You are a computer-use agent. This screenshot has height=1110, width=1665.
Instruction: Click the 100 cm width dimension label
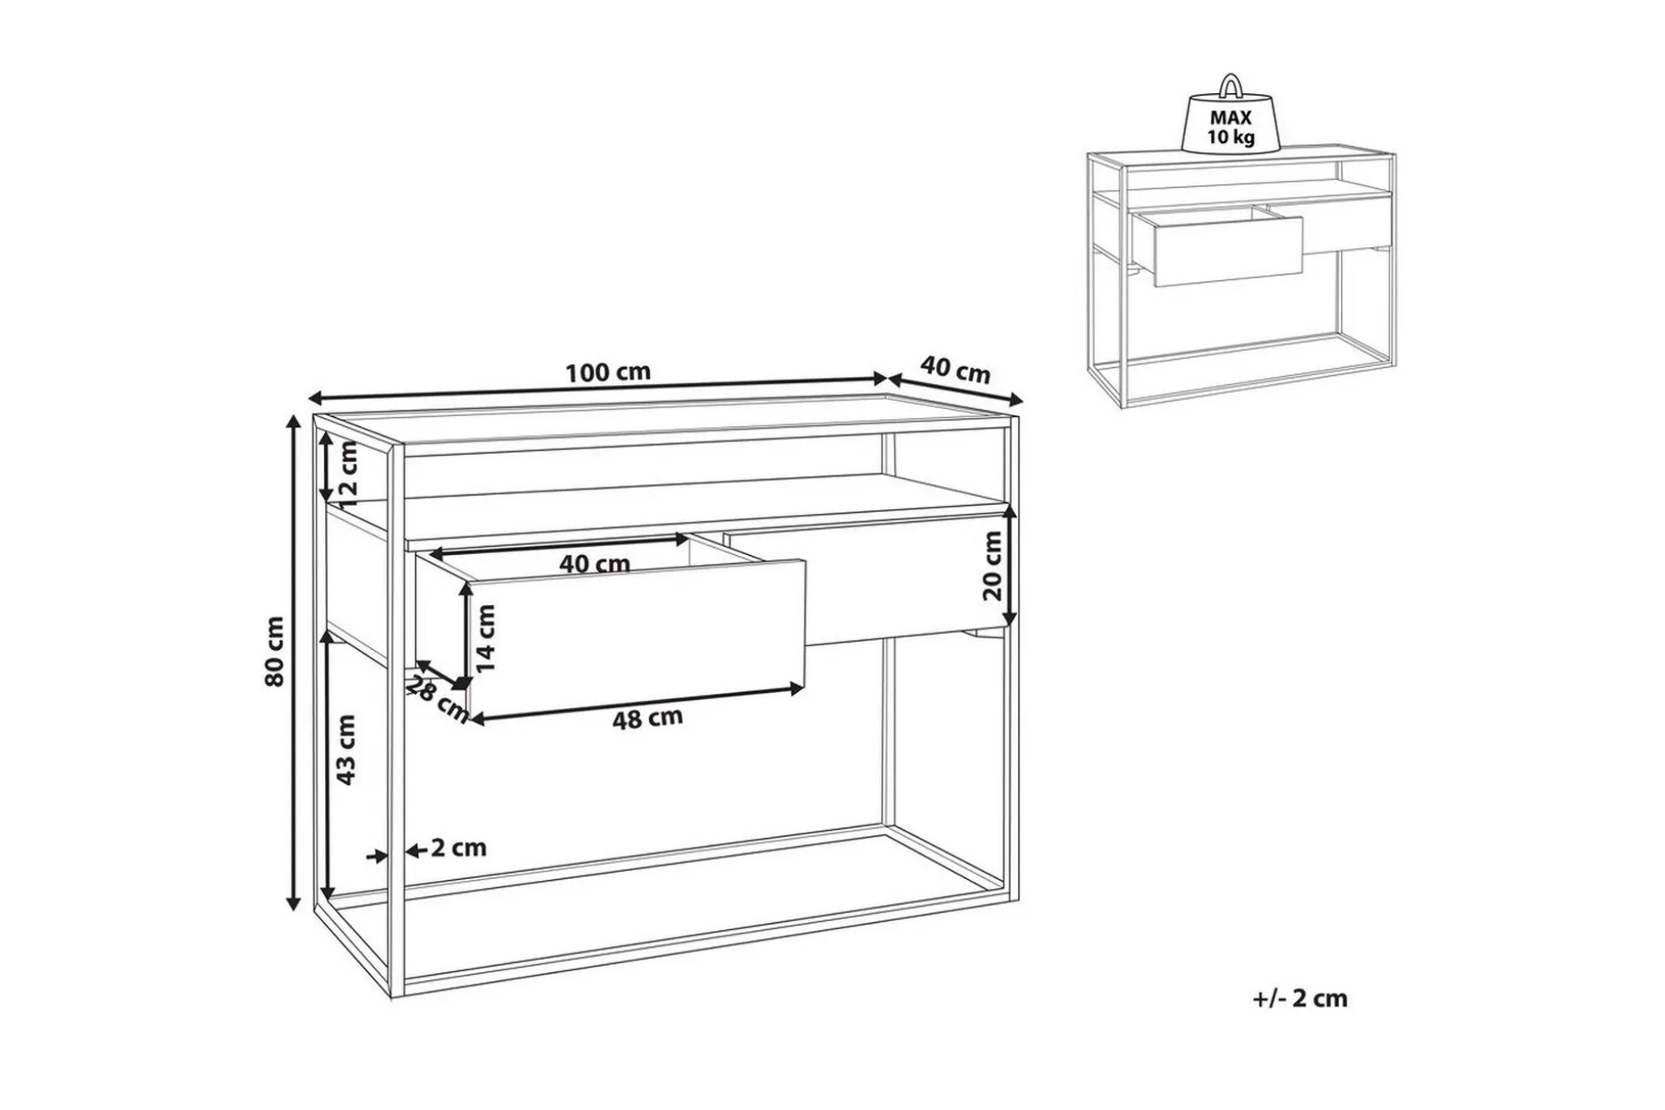608,371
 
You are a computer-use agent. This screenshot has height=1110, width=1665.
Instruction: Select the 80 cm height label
275,651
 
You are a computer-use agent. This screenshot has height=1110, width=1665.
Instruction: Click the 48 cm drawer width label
647,718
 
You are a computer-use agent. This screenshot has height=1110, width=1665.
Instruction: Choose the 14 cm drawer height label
486,637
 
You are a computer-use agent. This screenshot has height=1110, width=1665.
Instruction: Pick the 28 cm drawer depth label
439,698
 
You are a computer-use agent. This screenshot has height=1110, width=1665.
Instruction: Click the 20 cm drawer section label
992,565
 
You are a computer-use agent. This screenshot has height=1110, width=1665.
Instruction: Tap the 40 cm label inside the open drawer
594,564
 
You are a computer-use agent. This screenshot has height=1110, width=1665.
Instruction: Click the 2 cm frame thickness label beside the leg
458,848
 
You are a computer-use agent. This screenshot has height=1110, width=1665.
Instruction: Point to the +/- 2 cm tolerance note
1300,998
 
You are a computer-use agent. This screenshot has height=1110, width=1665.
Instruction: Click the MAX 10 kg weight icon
1231,114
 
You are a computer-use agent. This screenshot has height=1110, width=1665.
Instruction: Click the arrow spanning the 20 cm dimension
1010,566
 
